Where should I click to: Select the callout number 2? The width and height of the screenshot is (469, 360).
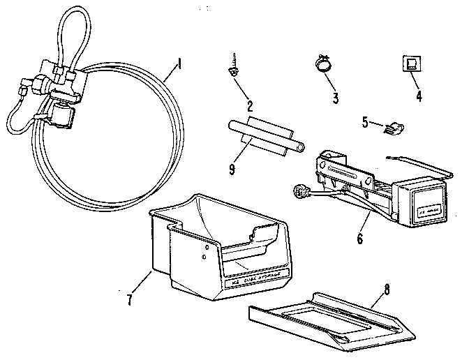pyautogui.click(x=249, y=107)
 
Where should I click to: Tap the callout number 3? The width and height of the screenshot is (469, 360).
pyautogui.click(x=336, y=98)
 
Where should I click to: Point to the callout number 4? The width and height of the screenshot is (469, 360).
pyautogui.click(x=419, y=96)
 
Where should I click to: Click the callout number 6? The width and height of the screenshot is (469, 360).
pyautogui.click(x=359, y=239)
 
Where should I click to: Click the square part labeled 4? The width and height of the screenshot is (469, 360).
pyautogui.click(x=411, y=64)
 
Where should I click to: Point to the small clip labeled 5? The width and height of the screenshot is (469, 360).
pyautogui.click(x=394, y=127)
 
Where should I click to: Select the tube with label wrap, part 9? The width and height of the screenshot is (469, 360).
pyautogui.click(x=265, y=137)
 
